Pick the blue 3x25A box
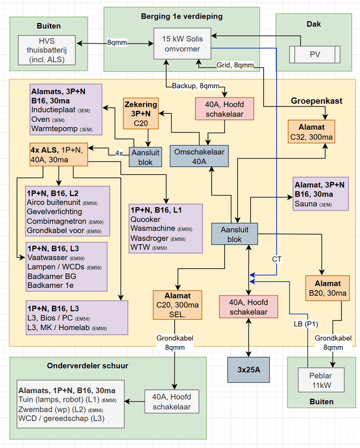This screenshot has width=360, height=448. (x=248, y=370)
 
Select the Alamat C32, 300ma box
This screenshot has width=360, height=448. (x=311, y=132)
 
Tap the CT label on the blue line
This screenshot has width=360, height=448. (x=277, y=259)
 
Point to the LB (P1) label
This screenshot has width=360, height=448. (x=307, y=324)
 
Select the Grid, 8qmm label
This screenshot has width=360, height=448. (x=235, y=66)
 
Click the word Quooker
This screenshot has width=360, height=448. (x=146, y=219)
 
